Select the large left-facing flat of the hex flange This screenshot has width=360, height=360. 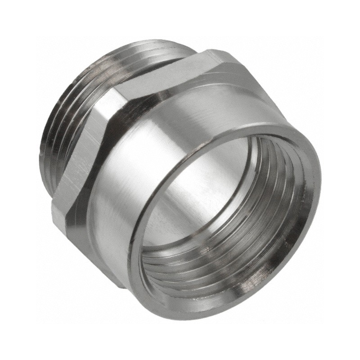[83, 148]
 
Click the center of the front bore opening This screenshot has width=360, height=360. [225, 216]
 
